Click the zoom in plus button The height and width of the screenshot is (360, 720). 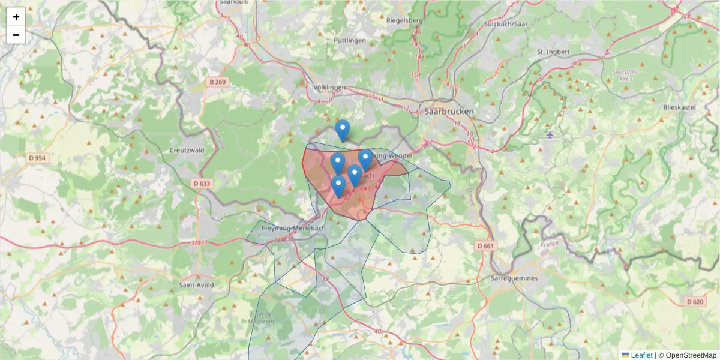click(16, 17)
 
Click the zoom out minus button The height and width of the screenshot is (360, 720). click(16, 35)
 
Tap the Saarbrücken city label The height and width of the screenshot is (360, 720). click(449, 112)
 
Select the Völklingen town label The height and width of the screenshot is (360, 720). click(329, 88)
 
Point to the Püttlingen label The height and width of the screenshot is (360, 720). click(349, 40)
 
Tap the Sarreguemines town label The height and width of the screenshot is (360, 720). click(515, 279)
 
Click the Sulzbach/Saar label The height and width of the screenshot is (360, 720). click(504, 24)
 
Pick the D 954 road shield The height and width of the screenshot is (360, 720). click(37, 158)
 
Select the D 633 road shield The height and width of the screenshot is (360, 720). click(202, 183)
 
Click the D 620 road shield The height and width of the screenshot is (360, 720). click(694, 302)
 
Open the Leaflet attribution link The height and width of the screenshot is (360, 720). click(641, 355)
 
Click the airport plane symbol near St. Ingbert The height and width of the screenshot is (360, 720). click(550, 134)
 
